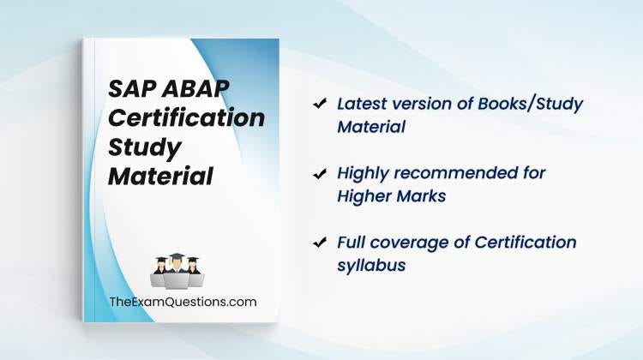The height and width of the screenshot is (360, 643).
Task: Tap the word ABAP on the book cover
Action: point(195,88)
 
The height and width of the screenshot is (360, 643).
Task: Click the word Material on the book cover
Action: point(161,177)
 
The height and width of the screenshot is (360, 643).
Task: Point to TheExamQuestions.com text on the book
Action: point(183,303)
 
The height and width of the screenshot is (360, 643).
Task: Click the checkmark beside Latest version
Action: point(320,104)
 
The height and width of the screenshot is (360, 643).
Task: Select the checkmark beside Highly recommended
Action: point(320,173)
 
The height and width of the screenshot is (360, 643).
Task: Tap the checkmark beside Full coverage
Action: point(320,243)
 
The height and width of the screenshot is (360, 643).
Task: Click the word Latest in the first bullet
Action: point(361,104)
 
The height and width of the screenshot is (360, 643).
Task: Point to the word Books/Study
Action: point(530,105)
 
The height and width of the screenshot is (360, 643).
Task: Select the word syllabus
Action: point(371,266)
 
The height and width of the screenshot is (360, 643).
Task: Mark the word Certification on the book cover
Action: point(186,118)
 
